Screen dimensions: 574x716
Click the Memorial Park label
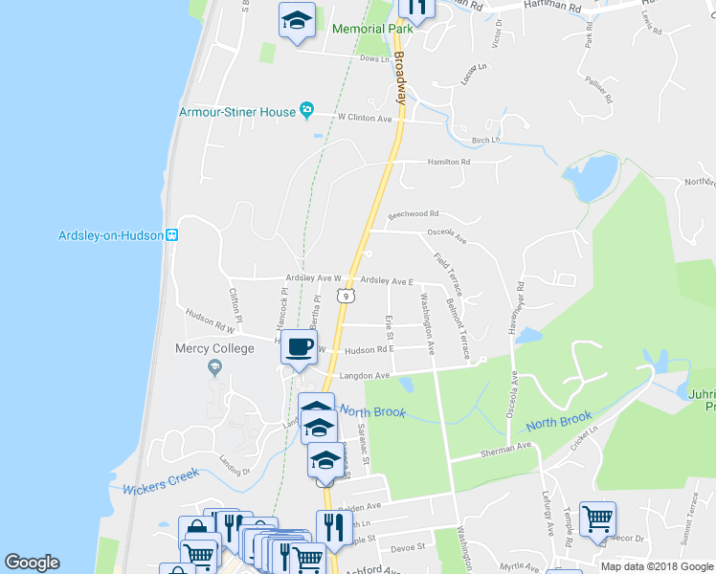[371, 29]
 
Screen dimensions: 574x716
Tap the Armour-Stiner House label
[237, 112]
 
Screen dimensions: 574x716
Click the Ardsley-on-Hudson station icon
[171, 235]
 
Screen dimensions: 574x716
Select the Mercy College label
[214, 349]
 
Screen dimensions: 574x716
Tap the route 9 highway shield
[343, 297]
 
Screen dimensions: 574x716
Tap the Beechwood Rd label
[414, 214]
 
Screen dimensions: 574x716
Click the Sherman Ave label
[510, 447]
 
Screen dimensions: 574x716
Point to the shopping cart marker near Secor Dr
[597, 519]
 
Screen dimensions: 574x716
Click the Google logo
[32, 563]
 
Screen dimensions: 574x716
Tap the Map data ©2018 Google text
[658, 566]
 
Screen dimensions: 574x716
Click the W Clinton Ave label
[366, 119]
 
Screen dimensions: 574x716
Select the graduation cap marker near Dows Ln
[298, 20]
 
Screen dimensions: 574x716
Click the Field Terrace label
[448, 273]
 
